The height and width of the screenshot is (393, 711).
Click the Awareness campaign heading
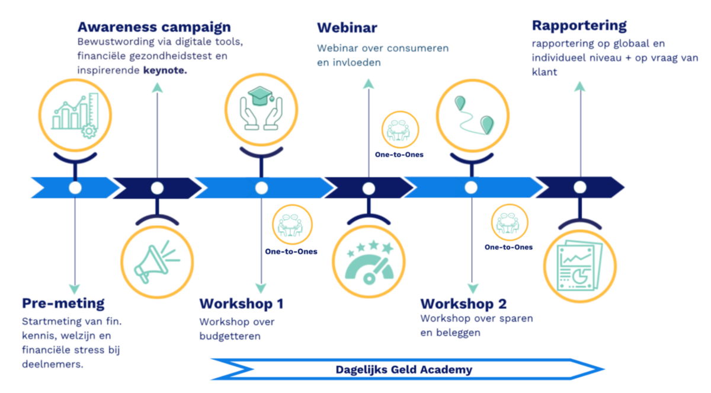pyautogui.click(x=154, y=27)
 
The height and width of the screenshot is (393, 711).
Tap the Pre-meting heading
pyautogui.click(x=63, y=303)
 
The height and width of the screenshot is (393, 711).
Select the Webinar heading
pyautogui.click(x=347, y=28)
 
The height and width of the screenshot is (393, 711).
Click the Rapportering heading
pyautogui.click(x=579, y=26)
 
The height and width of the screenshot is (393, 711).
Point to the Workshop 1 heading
pyautogui.click(x=241, y=304)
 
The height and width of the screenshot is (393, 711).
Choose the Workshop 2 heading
pyautogui.click(x=463, y=304)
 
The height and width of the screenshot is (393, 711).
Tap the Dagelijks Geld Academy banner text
pyautogui.click(x=404, y=370)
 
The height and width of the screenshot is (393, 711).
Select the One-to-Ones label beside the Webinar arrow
pyautogui.click(x=399, y=155)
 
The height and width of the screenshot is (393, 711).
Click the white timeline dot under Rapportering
pyautogui.click(x=580, y=187)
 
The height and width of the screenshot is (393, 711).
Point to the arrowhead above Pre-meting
pyautogui.click(x=75, y=289)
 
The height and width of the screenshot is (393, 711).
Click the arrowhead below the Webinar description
pyautogui.click(x=369, y=84)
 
